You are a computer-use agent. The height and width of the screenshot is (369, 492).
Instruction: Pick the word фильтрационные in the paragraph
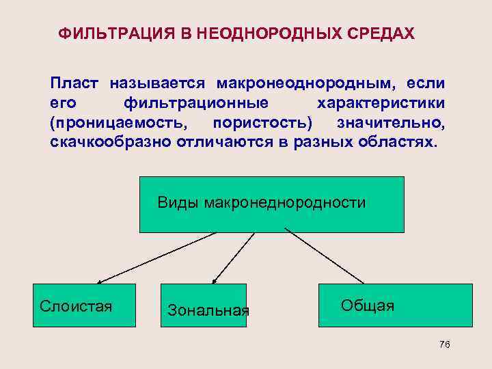click(x=195, y=103)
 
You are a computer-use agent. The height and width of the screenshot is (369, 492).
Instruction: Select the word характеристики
click(x=382, y=103)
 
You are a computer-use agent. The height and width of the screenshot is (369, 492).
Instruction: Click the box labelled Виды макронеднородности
click(x=262, y=204)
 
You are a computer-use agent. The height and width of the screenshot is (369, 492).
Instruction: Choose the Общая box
click(x=395, y=305)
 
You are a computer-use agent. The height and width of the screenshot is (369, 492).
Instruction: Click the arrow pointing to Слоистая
click(x=157, y=257)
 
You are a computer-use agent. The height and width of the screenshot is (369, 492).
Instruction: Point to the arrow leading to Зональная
click(x=234, y=258)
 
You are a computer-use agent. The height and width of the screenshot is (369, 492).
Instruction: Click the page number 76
click(x=444, y=345)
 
